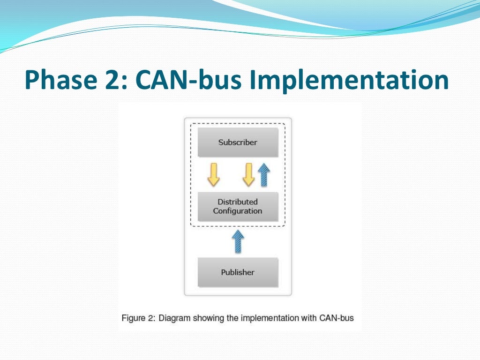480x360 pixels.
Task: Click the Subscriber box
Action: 238,142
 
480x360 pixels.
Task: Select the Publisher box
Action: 238,272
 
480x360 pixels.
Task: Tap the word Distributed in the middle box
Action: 238,202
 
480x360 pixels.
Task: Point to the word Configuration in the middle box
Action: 238,211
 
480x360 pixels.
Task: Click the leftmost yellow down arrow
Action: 213,175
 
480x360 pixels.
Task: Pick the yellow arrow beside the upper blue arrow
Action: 248,175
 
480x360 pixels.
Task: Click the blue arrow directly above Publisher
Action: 238,242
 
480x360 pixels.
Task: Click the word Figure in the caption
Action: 133,318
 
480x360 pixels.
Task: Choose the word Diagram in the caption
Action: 173,318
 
